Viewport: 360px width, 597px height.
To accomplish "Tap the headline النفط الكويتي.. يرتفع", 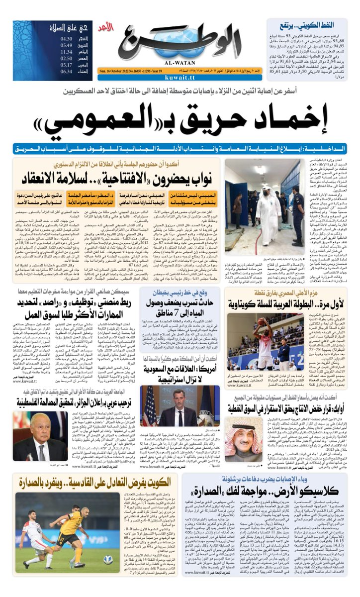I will [316, 25].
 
